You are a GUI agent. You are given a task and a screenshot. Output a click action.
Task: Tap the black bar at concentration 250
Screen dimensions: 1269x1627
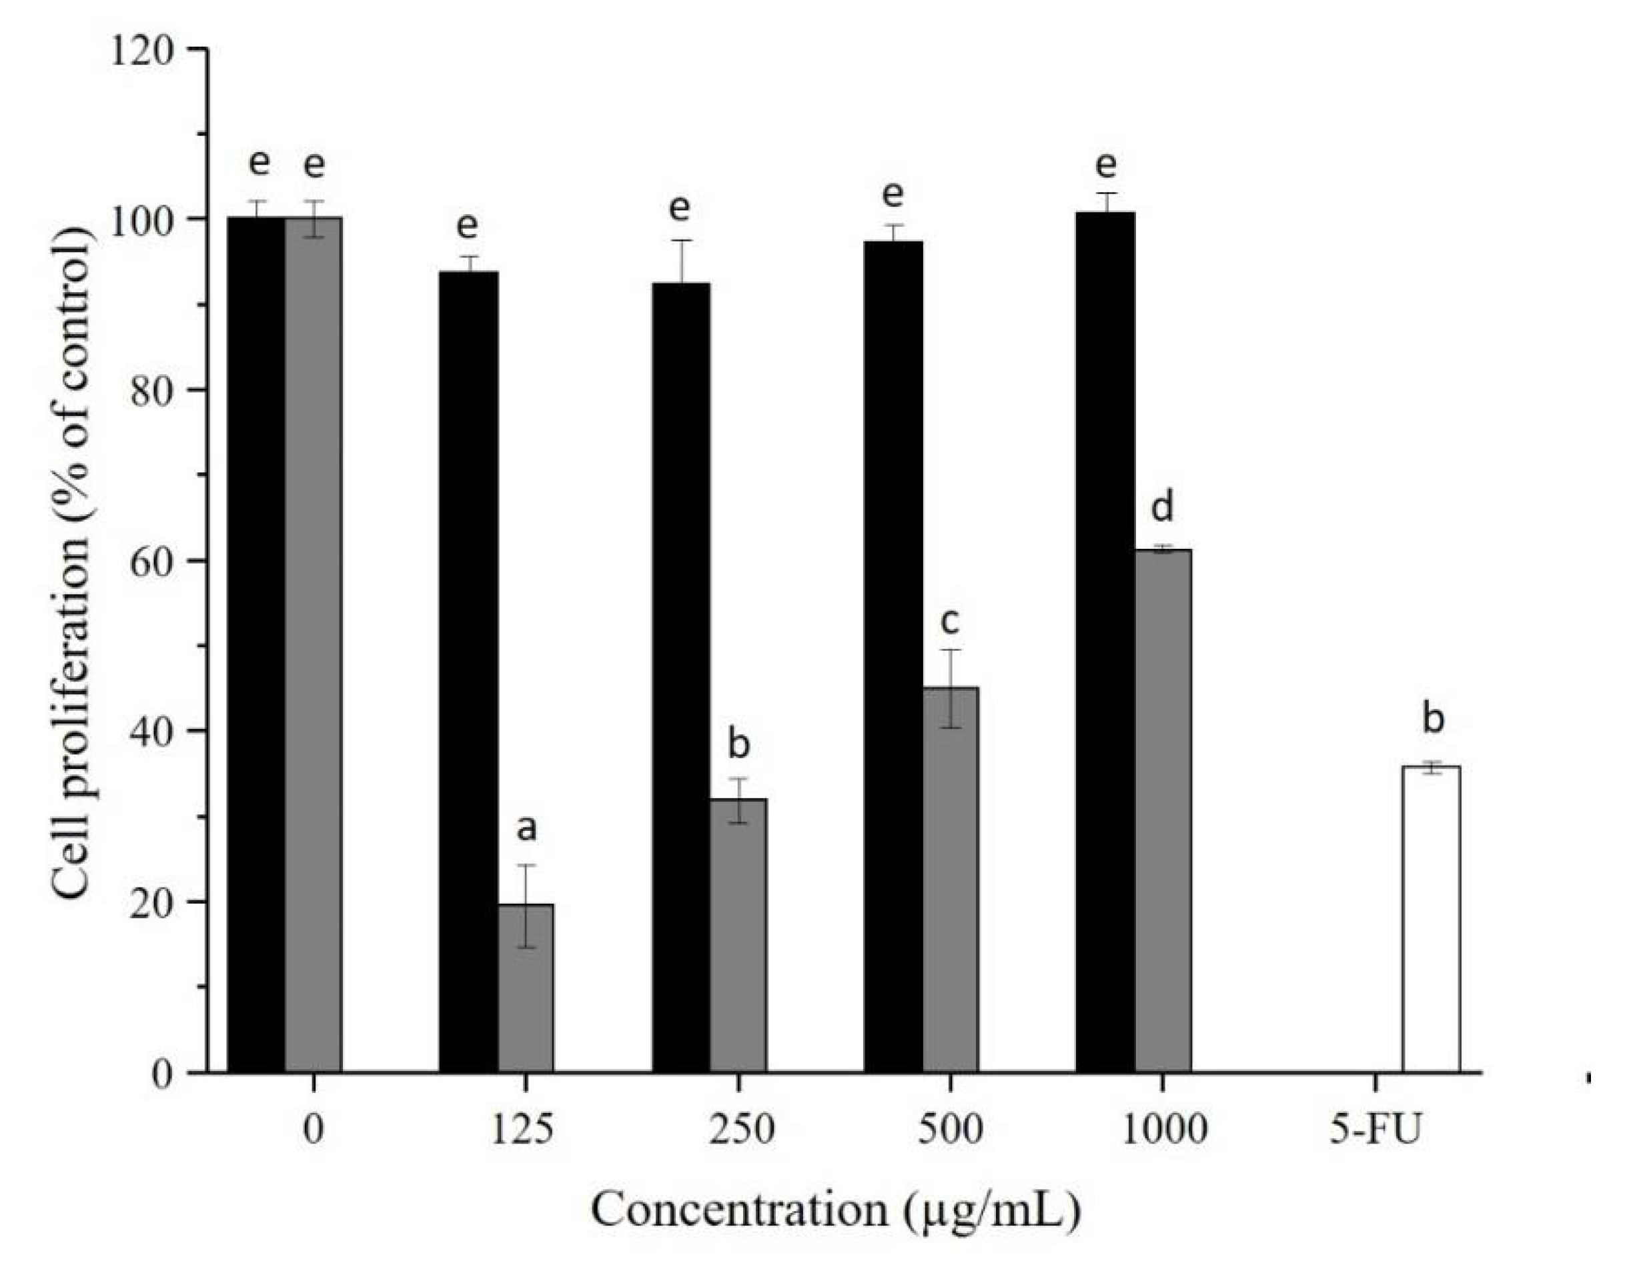tap(681, 677)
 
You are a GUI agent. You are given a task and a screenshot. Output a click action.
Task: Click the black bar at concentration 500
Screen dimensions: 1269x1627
tap(893, 656)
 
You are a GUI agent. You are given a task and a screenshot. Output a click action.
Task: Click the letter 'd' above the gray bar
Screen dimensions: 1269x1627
tap(1162, 508)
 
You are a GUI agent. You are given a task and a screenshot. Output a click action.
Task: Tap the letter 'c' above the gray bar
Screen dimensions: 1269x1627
tap(950, 621)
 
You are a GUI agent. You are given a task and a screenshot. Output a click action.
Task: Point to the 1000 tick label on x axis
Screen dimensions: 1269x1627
tap(1163, 1130)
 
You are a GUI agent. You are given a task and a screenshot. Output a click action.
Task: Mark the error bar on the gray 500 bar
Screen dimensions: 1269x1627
tap(951, 688)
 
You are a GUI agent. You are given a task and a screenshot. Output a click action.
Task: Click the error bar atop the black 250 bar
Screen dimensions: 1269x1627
tap(681, 261)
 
